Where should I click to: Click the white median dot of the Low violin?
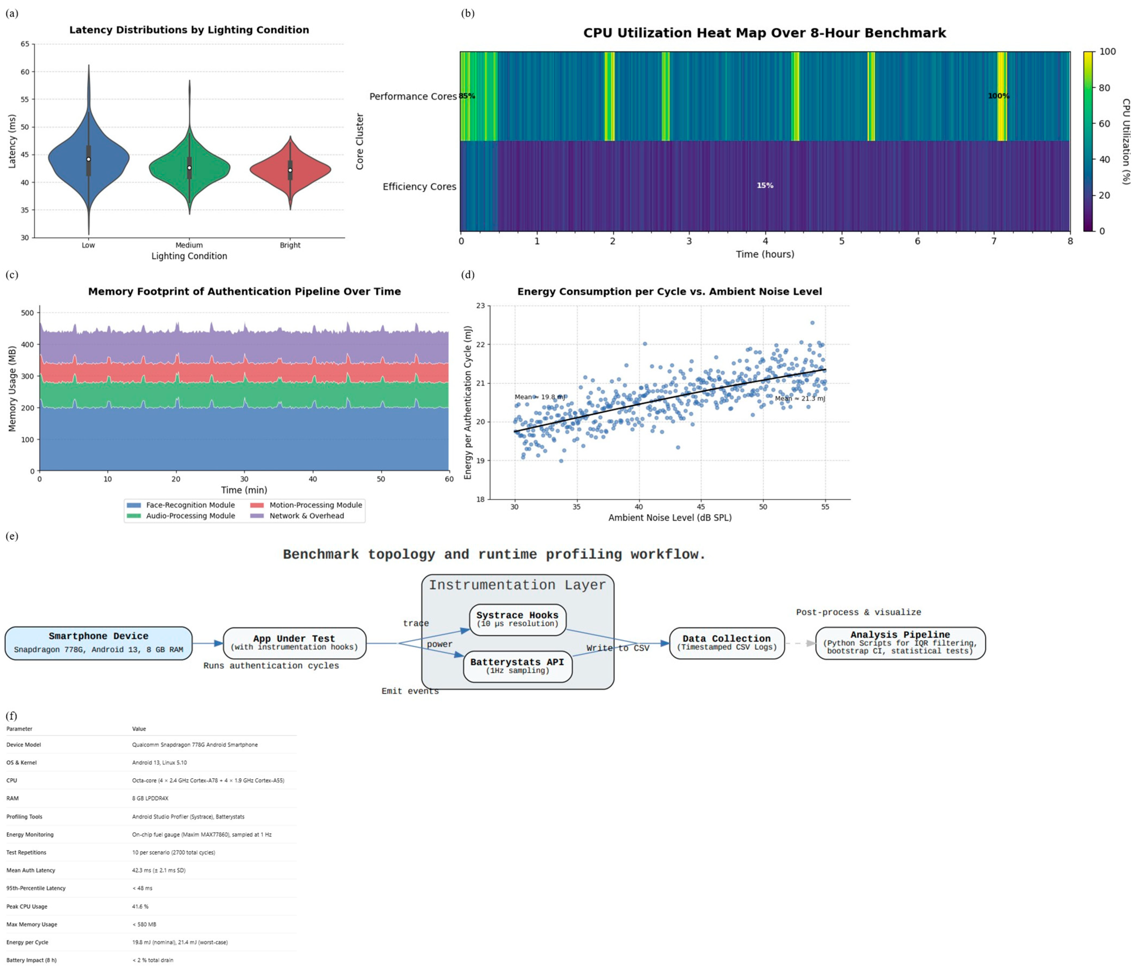tap(88, 159)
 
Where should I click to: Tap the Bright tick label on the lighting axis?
tap(290, 245)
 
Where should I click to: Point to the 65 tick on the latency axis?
tap(25, 44)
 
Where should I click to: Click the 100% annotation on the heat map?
tap(999, 96)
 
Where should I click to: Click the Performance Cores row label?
tap(412, 97)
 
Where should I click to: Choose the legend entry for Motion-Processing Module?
tap(315, 505)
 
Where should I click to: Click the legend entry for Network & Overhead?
tap(307, 516)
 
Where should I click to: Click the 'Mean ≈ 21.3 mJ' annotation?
tap(800, 398)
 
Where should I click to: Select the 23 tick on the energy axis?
tap(481, 306)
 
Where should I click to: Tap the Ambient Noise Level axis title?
tap(669, 518)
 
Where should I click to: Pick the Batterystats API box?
tap(517, 666)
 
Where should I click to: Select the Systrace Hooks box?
tap(517, 619)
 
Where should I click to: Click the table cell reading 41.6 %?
tap(140, 906)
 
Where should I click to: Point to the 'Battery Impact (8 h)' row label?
tap(31, 960)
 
